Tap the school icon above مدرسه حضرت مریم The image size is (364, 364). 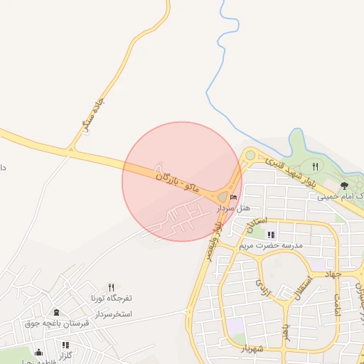[x=270, y=234]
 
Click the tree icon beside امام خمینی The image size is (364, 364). [x=344, y=186]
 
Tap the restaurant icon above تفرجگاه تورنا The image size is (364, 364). [x=111, y=287]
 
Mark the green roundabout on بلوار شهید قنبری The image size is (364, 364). [x=250, y=155]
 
